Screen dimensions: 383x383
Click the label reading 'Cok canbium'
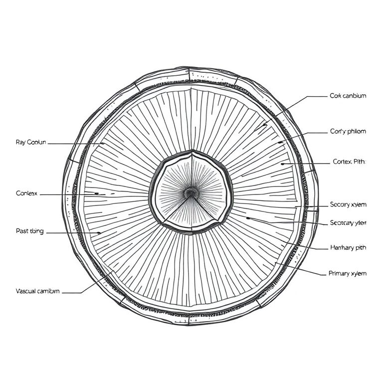pyautogui.click(x=348, y=96)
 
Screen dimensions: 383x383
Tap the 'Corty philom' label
pyautogui.click(x=348, y=132)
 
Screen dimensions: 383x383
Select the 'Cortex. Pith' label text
pyautogui.click(x=349, y=162)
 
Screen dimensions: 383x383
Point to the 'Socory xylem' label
pyautogui.click(x=348, y=204)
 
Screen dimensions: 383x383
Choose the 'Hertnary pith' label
pyautogui.click(x=348, y=248)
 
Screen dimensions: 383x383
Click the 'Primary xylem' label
pyautogui.click(x=347, y=273)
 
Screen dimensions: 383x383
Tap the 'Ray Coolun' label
pyautogui.click(x=31, y=142)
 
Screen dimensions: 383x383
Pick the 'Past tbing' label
pyautogui.click(x=30, y=231)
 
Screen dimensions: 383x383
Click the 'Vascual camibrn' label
pyautogui.click(x=38, y=291)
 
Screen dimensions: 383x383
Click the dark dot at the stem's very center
pyautogui.click(x=190, y=192)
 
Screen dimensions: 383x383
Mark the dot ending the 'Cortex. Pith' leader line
pyautogui.click(x=282, y=163)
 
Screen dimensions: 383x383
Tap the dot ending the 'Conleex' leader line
pyautogui.click(x=97, y=193)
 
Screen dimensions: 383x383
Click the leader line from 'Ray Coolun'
pyautogui.click(x=75, y=144)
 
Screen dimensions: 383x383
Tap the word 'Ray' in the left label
pyautogui.click(x=21, y=142)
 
